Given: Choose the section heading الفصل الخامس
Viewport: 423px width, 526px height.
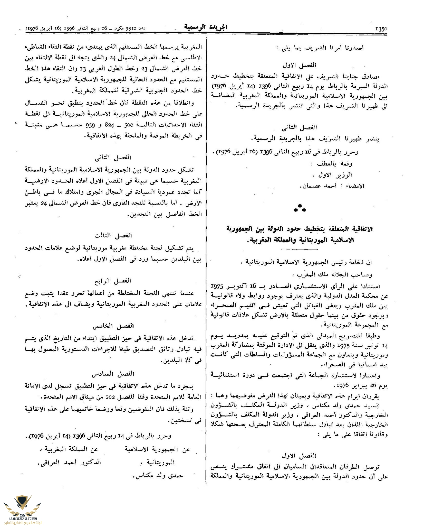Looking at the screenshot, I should coord(116,326).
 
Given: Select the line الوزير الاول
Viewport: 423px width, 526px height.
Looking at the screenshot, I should coord(335,175).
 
